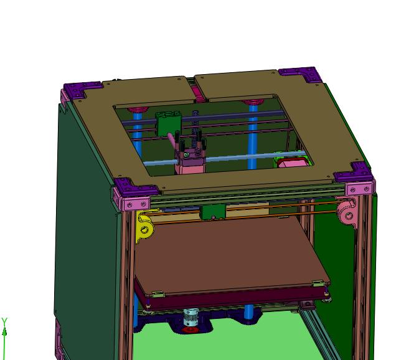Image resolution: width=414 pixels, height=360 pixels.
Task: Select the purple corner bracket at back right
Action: coord(303,75)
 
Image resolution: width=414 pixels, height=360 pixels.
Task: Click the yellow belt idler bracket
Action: coord(144,227)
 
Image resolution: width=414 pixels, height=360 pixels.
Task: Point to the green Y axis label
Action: coord(4,322)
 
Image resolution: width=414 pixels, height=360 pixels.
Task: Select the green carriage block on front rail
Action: coord(212,211)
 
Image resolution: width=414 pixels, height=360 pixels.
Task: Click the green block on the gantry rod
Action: coord(167,121)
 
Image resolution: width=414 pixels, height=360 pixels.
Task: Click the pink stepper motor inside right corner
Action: coord(289,164)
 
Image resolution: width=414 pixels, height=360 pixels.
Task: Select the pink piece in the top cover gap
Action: coord(199,95)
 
